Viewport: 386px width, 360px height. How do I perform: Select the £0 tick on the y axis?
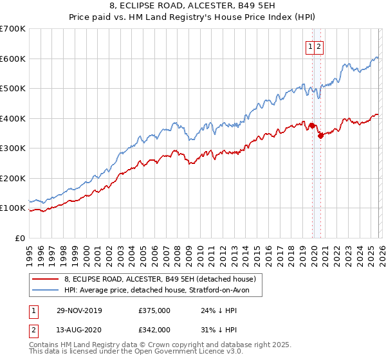20,238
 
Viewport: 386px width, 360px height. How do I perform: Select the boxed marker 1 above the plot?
310,46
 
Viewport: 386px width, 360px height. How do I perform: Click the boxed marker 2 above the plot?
319,46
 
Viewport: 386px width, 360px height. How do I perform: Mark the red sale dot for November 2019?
312,126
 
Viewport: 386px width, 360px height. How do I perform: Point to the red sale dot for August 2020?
320,136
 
